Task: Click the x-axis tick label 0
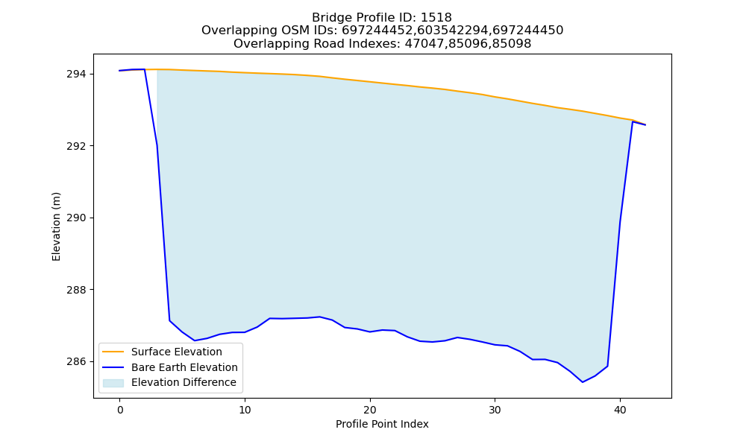(120, 410)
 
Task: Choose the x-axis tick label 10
(245, 410)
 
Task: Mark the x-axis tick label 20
(370, 410)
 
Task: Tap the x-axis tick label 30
(495, 410)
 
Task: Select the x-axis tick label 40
(620, 410)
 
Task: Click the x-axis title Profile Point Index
(382, 424)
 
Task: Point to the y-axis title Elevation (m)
(56, 226)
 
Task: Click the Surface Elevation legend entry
(177, 352)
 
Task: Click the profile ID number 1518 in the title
(436, 18)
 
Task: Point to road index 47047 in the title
(423, 44)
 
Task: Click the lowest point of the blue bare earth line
(583, 382)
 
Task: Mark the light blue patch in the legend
(113, 383)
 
